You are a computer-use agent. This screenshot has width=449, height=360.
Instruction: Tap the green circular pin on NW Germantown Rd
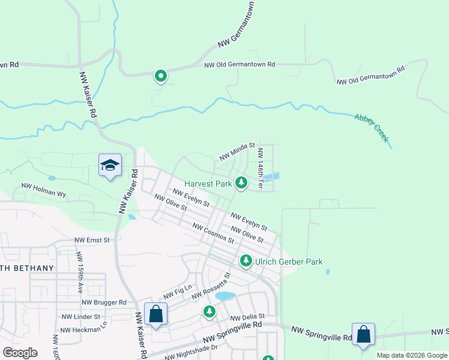pyautogui.click(x=161, y=76)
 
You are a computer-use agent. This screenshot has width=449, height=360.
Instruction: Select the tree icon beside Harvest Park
pyautogui.click(x=241, y=182)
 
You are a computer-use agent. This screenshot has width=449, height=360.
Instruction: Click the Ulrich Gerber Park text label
pyautogui.click(x=289, y=262)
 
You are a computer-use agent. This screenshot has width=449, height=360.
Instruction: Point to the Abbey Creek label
pyautogui.click(x=372, y=128)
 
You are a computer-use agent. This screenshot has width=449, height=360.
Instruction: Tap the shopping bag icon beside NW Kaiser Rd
pyautogui.click(x=155, y=314)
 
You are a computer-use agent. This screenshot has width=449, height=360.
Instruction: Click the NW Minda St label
pyautogui.click(x=237, y=152)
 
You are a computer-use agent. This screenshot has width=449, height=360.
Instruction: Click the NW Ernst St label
pyautogui.click(x=92, y=240)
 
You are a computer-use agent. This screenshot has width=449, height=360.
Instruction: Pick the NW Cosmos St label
pyautogui.click(x=212, y=232)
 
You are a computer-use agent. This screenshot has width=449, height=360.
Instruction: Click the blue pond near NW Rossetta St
pyautogui.click(x=224, y=296)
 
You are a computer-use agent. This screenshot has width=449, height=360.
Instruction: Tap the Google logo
pyautogui.click(x=20, y=353)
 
